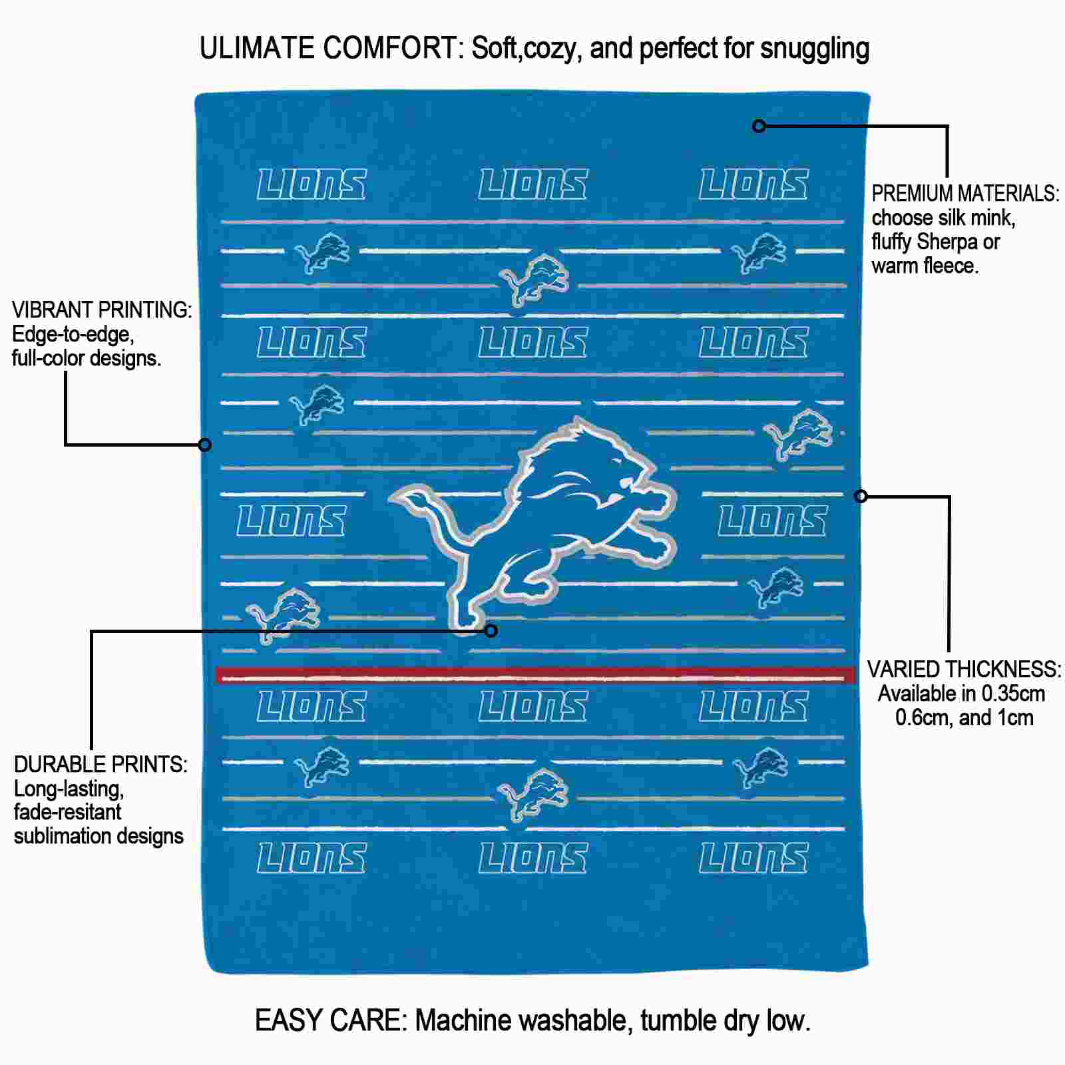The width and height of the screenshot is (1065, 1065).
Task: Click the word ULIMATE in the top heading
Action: click(257, 48)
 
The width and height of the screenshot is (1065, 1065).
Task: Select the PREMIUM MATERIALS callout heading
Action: click(966, 194)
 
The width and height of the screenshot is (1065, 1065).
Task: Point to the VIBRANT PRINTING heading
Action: click(102, 310)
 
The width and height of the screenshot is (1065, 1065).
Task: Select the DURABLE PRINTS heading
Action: click(101, 765)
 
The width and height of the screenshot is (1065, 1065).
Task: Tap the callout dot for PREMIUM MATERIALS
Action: click(759, 126)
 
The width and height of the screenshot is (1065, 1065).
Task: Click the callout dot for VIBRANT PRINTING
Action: click(205, 444)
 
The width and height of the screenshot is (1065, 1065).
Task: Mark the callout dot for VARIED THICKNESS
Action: click(861, 496)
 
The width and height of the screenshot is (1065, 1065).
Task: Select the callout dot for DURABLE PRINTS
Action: click(491, 630)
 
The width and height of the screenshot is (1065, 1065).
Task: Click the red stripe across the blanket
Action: click(536, 676)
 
